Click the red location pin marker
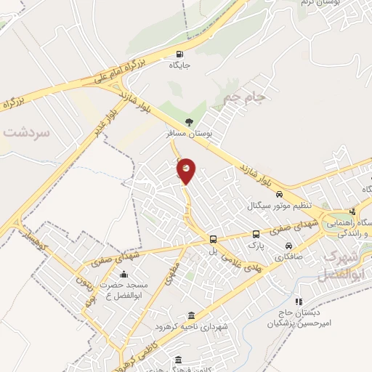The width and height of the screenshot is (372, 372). tap(186, 170)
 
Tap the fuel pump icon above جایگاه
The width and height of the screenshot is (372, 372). tap(179, 54)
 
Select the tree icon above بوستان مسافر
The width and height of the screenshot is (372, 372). tap(190, 122)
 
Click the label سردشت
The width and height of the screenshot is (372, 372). tap(25, 133)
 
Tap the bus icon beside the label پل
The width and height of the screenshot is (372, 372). tap(213, 239)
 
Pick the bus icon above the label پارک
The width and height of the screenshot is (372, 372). tap(256, 234)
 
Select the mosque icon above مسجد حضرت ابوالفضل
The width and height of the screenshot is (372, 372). tap(124, 275)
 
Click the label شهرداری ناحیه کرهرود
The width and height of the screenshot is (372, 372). tap(197, 328)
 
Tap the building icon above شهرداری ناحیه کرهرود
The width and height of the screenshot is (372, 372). tap(191, 315)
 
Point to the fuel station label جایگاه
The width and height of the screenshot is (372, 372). tap(180, 65)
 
